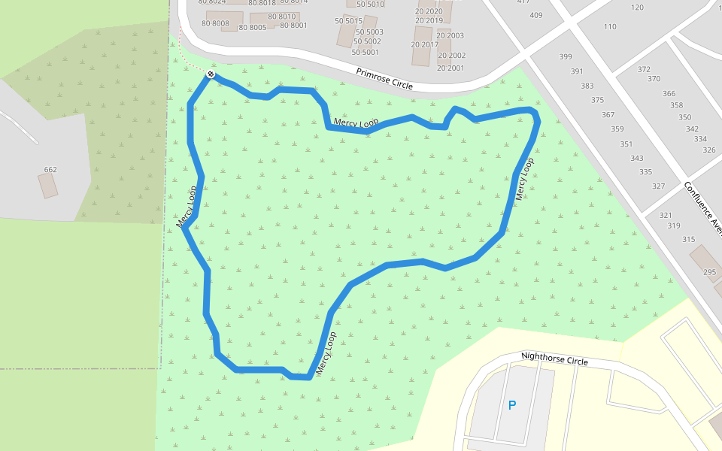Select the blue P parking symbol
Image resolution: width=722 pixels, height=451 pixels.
point(512,405)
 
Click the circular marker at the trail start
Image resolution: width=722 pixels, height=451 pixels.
point(211,74)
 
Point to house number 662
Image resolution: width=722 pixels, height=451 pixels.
point(50,170)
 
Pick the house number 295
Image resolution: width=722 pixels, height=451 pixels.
point(710,272)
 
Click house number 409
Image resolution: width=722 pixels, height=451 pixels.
point(535,15)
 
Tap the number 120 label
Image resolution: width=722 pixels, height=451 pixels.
point(637,8)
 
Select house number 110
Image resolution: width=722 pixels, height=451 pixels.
point(610,27)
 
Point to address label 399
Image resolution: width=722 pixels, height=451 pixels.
point(566,57)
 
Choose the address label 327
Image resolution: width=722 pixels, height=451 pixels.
point(658,186)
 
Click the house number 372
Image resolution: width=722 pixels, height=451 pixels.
point(644,69)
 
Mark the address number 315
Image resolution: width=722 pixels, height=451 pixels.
point(689,240)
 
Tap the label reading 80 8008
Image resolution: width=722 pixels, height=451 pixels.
point(215,24)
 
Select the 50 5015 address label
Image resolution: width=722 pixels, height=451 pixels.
point(348,21)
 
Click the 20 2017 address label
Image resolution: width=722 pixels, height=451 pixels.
point(424,44)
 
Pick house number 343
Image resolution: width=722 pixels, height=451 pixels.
point(636,159)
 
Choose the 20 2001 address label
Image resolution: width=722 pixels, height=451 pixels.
point(451,68)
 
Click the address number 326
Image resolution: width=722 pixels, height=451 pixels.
point(708,150)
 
